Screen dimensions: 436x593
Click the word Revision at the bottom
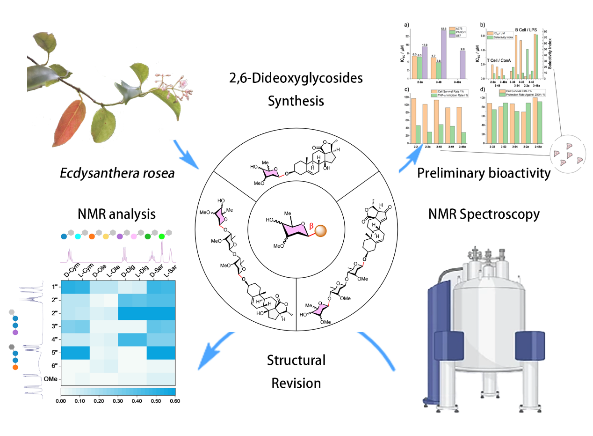(296, 383)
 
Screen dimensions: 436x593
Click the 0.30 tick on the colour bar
(118, 401)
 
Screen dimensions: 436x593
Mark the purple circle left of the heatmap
(15, 333)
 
